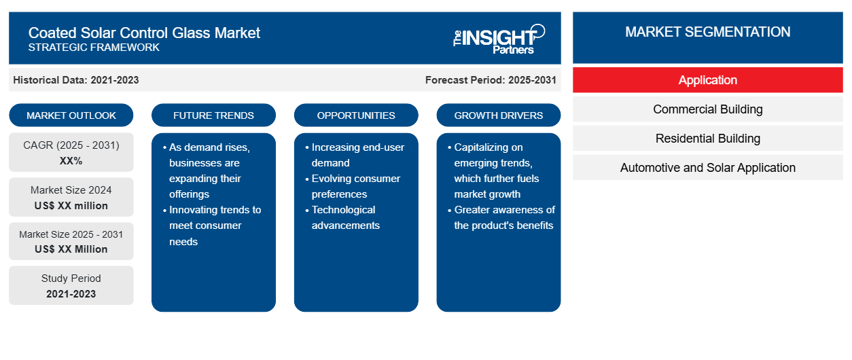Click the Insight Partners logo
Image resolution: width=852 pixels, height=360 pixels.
(x=499, y=39)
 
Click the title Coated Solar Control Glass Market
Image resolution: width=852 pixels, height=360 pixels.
(x=144, y=33)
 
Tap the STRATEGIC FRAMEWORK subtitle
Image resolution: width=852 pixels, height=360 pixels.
(x=94, y=48)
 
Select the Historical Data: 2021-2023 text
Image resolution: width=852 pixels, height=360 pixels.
(x=76, y=80)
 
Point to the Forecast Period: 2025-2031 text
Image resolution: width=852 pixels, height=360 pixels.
(x=491, y=80)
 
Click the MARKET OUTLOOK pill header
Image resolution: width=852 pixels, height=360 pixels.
(x=71, y=115)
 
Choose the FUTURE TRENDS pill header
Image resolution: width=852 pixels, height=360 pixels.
(x=213, y=115)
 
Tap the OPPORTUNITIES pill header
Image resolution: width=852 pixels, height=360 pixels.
(x=356, y=115)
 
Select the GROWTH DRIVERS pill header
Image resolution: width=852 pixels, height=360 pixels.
(x=498, y=115)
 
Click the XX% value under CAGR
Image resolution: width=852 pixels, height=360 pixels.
(x=71, y=161)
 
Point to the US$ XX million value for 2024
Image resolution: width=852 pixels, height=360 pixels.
(x=71, y=206)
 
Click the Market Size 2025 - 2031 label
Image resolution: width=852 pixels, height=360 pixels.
(x=71, y=234)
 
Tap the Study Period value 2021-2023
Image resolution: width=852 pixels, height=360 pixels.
(x=71, y=294)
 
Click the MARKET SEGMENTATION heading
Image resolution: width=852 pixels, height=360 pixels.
(x=708, y=32)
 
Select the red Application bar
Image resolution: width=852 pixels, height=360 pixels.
(x=708, y=80)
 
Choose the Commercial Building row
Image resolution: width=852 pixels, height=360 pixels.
(x=708, y=109)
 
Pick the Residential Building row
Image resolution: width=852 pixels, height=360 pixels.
(x=708, y=139)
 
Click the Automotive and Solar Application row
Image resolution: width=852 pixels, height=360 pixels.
(x=708, y=168)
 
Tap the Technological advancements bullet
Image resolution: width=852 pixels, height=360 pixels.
(x=342, y=217)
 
